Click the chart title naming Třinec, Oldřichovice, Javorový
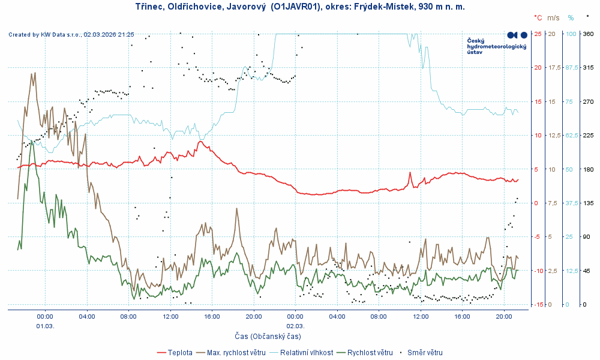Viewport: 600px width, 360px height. point(296,7)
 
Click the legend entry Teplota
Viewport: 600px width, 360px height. point(180,353)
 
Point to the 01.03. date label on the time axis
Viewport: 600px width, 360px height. point(45,326)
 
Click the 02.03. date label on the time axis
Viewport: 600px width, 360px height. point(295,326)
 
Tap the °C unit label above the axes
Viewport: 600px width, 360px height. point(538,18)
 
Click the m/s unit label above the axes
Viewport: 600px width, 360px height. point(553,18)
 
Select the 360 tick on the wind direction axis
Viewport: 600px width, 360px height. point(589,34)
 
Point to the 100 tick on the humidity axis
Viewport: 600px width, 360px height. point(572,34)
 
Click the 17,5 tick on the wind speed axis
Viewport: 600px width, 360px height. point(554,67)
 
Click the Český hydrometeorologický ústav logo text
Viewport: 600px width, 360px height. point(496,46)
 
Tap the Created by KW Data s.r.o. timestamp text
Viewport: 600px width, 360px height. point(71,35)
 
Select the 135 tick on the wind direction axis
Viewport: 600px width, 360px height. point(589,203)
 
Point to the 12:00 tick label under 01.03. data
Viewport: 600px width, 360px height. point(170,316)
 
